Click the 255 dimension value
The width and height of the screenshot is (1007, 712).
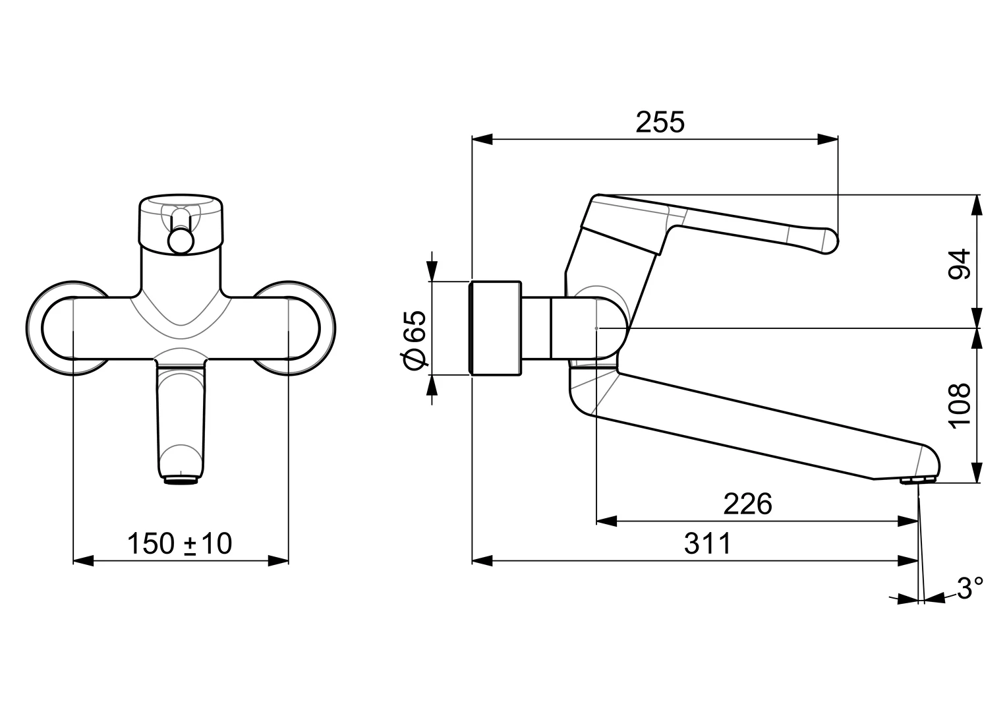point(660,122)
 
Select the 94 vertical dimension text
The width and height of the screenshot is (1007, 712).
point(960,264)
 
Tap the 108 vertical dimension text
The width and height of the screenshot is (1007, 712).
point(960,406)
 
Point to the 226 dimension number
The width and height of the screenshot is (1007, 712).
point(747,504)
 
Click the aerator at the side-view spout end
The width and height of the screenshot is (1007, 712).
point(919,481)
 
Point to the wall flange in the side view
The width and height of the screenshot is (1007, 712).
point(495,328)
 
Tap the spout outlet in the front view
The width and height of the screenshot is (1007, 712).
point(181,481)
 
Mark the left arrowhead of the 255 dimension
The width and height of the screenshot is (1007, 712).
point(482,139)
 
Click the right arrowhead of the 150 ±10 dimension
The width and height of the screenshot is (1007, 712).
point(278,561)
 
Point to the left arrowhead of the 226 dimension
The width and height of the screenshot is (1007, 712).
point(606,521)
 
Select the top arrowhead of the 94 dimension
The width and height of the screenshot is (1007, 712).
point(977,205)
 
